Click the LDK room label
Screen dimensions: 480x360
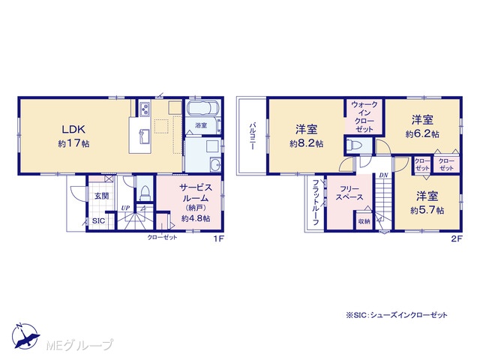tap(73, 129)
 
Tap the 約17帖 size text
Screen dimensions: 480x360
tap(73, 143)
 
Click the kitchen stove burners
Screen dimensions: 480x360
tap(145, 108)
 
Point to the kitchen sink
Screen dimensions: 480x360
tap(144, 136)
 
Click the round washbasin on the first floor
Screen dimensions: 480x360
tap(215, 165)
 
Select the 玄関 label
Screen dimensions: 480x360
tap(101, 196)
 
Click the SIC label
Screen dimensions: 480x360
tap(98, 221)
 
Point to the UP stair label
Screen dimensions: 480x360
tap(125, 208)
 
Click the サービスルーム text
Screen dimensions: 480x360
tap(196, 193)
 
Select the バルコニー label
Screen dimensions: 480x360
tap(253, 136)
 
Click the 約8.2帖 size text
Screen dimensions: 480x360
tap(307, 143)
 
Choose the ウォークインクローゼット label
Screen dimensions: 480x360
tap(364, 117)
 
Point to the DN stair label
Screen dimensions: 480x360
tap(383, 175)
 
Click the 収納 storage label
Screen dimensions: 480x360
tap(364, 221)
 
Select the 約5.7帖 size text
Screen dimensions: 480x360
tap(427, 211)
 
